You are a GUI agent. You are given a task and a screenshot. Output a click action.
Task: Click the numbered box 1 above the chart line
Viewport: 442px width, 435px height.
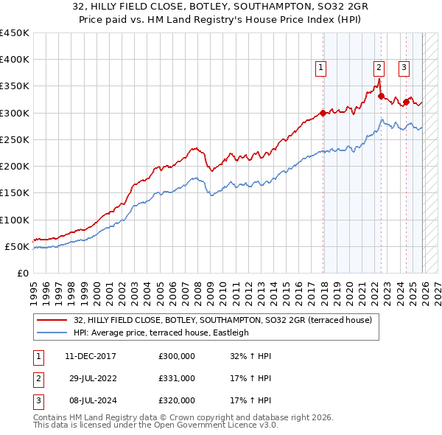pyautogui.click(x=322, y=68)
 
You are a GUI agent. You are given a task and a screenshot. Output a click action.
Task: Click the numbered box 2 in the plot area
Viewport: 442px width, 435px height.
pyautogui.click(x=379, y=68)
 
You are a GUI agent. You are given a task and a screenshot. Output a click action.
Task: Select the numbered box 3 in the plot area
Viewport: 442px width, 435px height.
pyautogui.click(x=404, y=68)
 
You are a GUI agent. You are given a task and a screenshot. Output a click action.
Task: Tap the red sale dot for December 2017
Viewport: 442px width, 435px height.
pyautogui.click(x=323, y=113)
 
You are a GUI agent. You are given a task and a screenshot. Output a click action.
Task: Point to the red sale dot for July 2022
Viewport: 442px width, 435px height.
pyautogui.click(x=381, y=96)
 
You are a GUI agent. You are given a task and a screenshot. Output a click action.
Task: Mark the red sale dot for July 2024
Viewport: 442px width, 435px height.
pyautogui.click(x=406, y=102)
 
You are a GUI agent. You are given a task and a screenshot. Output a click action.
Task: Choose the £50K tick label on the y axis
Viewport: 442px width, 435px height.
pyautogui.click(x=17, y=246)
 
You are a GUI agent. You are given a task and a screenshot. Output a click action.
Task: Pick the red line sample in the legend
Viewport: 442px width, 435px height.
pyautogui.click(x=52, y=320)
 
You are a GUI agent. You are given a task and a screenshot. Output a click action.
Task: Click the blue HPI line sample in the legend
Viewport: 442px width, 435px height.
pyautogui.click(x=52, y=333)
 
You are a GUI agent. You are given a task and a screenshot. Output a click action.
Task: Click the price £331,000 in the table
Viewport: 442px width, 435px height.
pyautogui.click(x=176, y=378)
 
